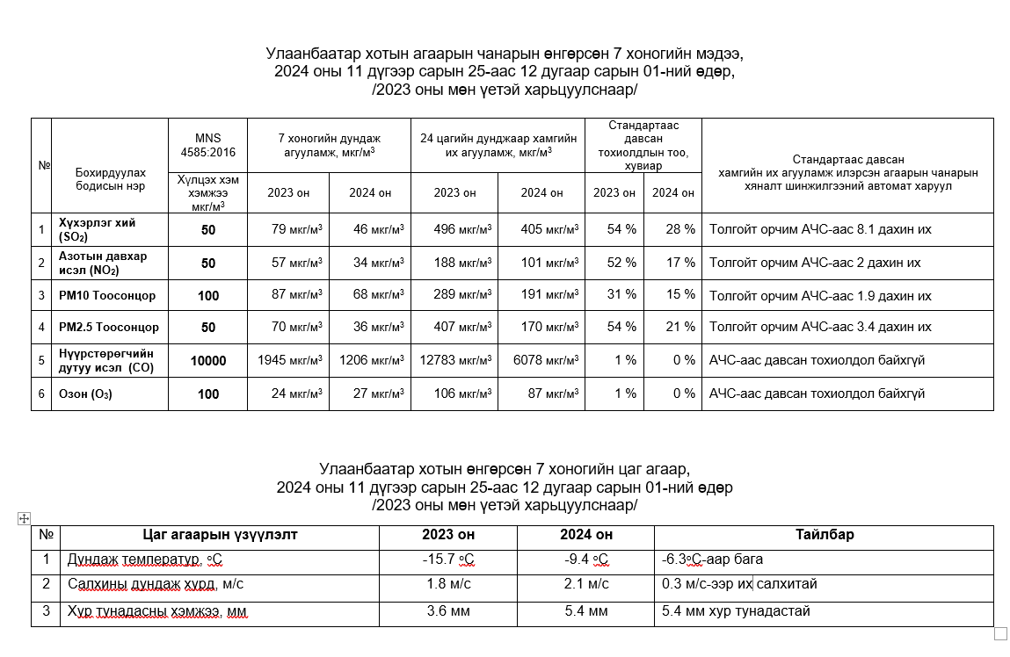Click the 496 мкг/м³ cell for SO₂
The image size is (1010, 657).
coord(461,229)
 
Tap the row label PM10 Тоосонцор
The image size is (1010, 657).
coord(106,295)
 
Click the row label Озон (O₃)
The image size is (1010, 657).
coord(85,393)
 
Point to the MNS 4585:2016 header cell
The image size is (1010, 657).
coord(207,145)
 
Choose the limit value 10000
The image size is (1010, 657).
coord(207,360)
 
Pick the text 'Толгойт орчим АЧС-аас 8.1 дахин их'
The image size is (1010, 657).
coord(820,229)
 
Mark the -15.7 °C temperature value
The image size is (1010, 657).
coord(447,560)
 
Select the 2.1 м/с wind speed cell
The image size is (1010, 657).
coord(586,584)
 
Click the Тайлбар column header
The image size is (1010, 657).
coord(825,534)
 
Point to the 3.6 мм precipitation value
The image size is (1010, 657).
coord(447,610)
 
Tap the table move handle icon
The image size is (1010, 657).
coord(25,519)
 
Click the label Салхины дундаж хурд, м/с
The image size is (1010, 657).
coord(156,584)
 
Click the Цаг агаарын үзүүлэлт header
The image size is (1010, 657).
coord(221,534)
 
